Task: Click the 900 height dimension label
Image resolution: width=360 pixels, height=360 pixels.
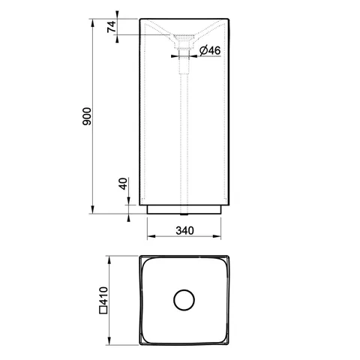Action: click(87, 116)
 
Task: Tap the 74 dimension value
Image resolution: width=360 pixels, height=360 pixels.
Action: click(112, 27)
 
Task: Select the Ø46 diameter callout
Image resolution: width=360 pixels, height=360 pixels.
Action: click(210, 51)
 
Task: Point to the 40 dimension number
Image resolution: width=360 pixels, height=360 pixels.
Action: click(123, 184)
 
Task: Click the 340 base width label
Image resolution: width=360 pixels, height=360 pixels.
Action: click(184, 230)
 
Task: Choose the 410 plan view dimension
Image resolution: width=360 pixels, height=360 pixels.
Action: click(103, 296)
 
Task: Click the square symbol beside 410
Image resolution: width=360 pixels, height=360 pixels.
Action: click(103, 310)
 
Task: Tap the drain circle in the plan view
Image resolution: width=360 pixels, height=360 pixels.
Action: click(184, 300)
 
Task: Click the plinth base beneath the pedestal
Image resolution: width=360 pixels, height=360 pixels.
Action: click(184, 209)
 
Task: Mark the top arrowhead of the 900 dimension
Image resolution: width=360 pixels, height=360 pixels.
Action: click(93, 22)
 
